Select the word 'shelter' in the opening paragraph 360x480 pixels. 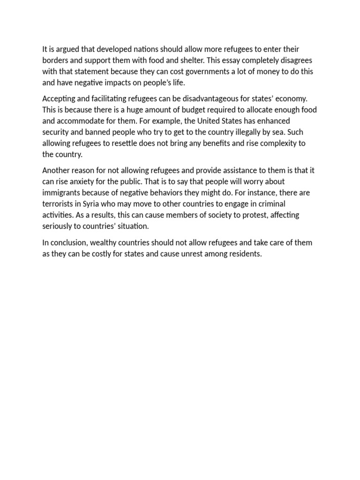[x=214, y=60]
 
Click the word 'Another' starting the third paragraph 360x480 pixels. [x=57, y=170]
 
